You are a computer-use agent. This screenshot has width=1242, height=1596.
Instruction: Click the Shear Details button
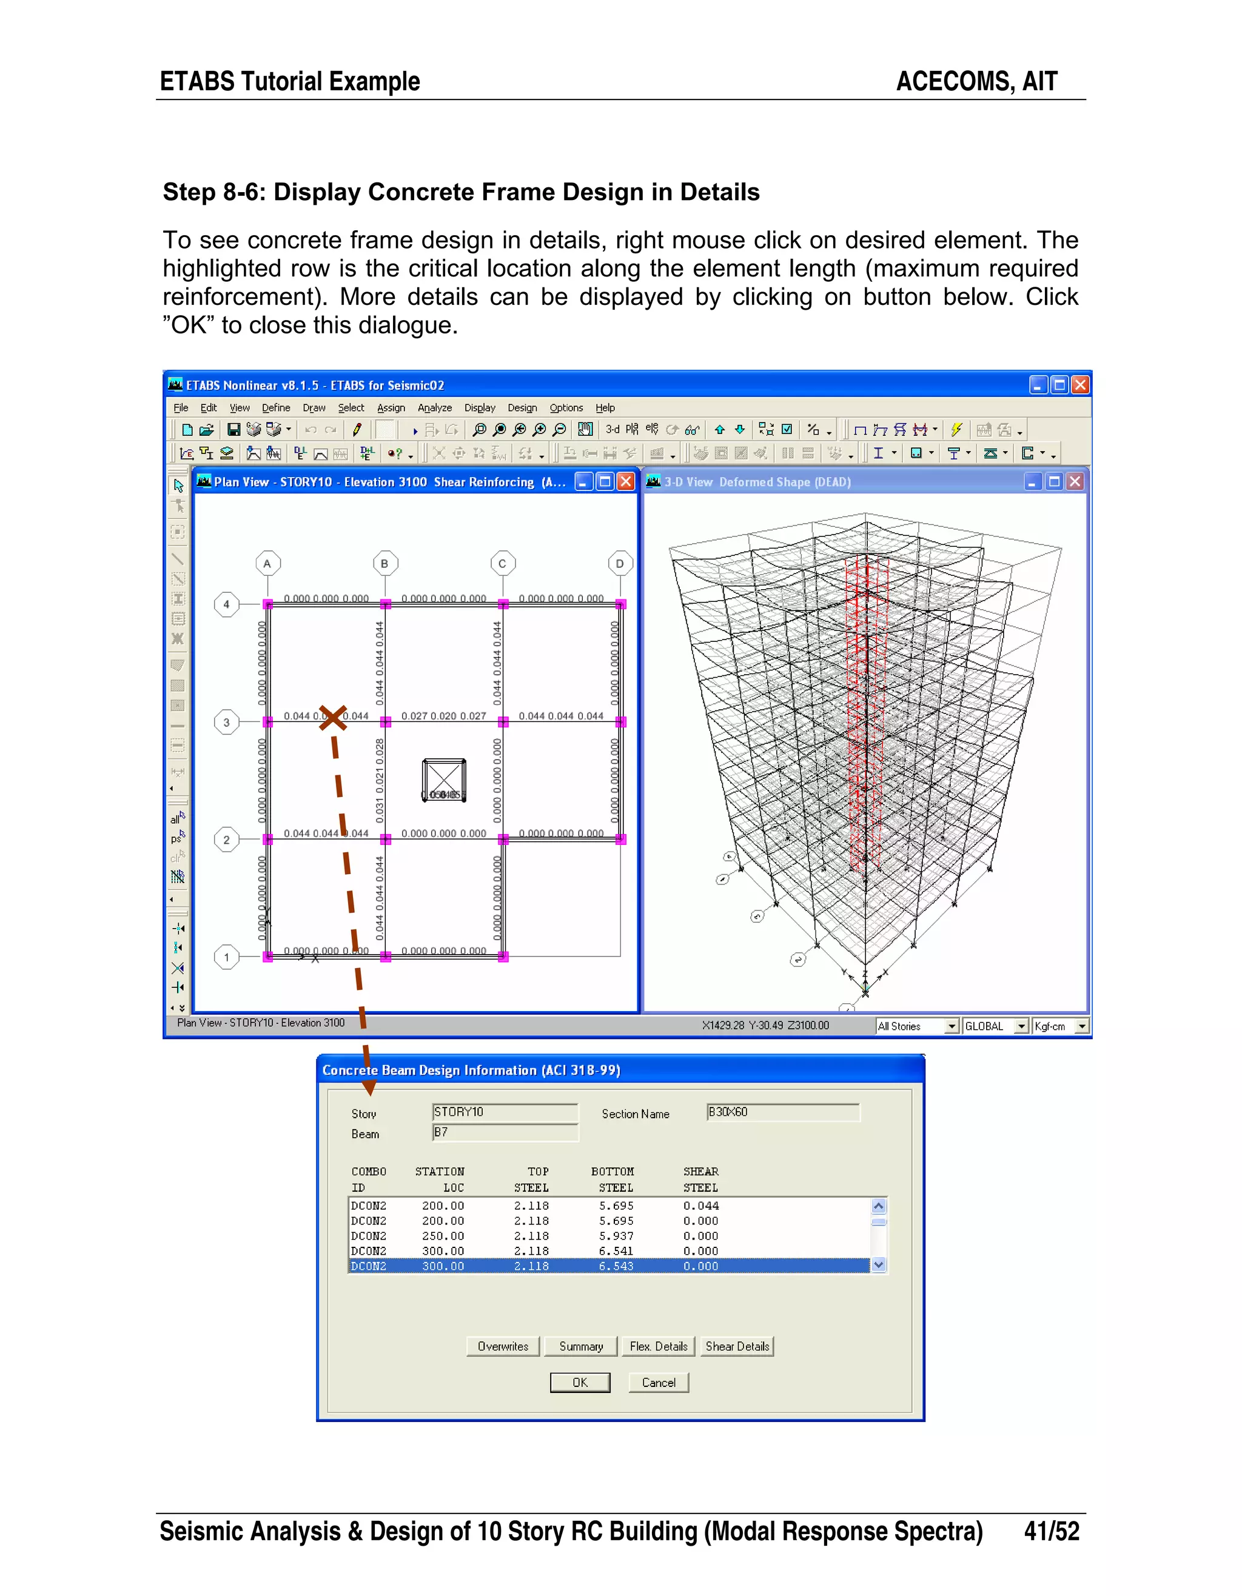point(737,1346)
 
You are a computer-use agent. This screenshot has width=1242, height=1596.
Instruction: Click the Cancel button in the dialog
point(658,1383)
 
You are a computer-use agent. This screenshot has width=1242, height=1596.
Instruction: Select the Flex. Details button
point(658,1346)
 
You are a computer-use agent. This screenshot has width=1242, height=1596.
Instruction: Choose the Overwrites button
point(503,1346)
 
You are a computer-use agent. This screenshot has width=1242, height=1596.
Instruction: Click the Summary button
point(581,1346)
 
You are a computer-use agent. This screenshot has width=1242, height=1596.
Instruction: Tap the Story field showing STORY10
point(505,1112)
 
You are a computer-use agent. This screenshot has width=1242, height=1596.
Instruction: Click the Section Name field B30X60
point(783,1112)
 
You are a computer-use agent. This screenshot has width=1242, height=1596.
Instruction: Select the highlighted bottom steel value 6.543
point(616,1266)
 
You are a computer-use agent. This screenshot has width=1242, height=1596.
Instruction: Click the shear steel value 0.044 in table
point(701,1206)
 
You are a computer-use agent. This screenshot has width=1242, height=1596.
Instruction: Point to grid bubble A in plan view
point(267,564)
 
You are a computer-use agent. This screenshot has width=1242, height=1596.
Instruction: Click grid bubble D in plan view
point(620,564)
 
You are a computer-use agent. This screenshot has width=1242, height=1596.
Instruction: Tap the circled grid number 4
point(227,604)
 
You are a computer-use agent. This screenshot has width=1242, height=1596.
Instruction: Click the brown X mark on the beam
point(332,718)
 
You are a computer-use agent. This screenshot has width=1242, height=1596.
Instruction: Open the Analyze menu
point(434,408)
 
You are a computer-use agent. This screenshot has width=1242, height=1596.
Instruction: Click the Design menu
point(522,408)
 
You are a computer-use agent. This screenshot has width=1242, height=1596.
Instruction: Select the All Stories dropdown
point(917,1026)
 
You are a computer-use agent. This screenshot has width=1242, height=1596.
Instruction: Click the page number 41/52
point(1051,1531)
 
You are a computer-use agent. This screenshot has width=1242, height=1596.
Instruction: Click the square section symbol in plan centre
point(444,780)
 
